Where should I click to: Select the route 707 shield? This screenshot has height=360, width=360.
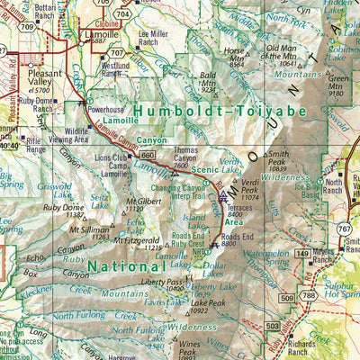[x=116, y=53]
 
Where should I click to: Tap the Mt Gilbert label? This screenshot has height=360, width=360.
[x=139, y=202]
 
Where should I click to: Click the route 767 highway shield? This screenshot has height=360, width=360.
[x=345, y=231]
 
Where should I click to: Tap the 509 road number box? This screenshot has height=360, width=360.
[x=286, y=296]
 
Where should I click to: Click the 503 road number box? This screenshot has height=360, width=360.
[x=271, y=325]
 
